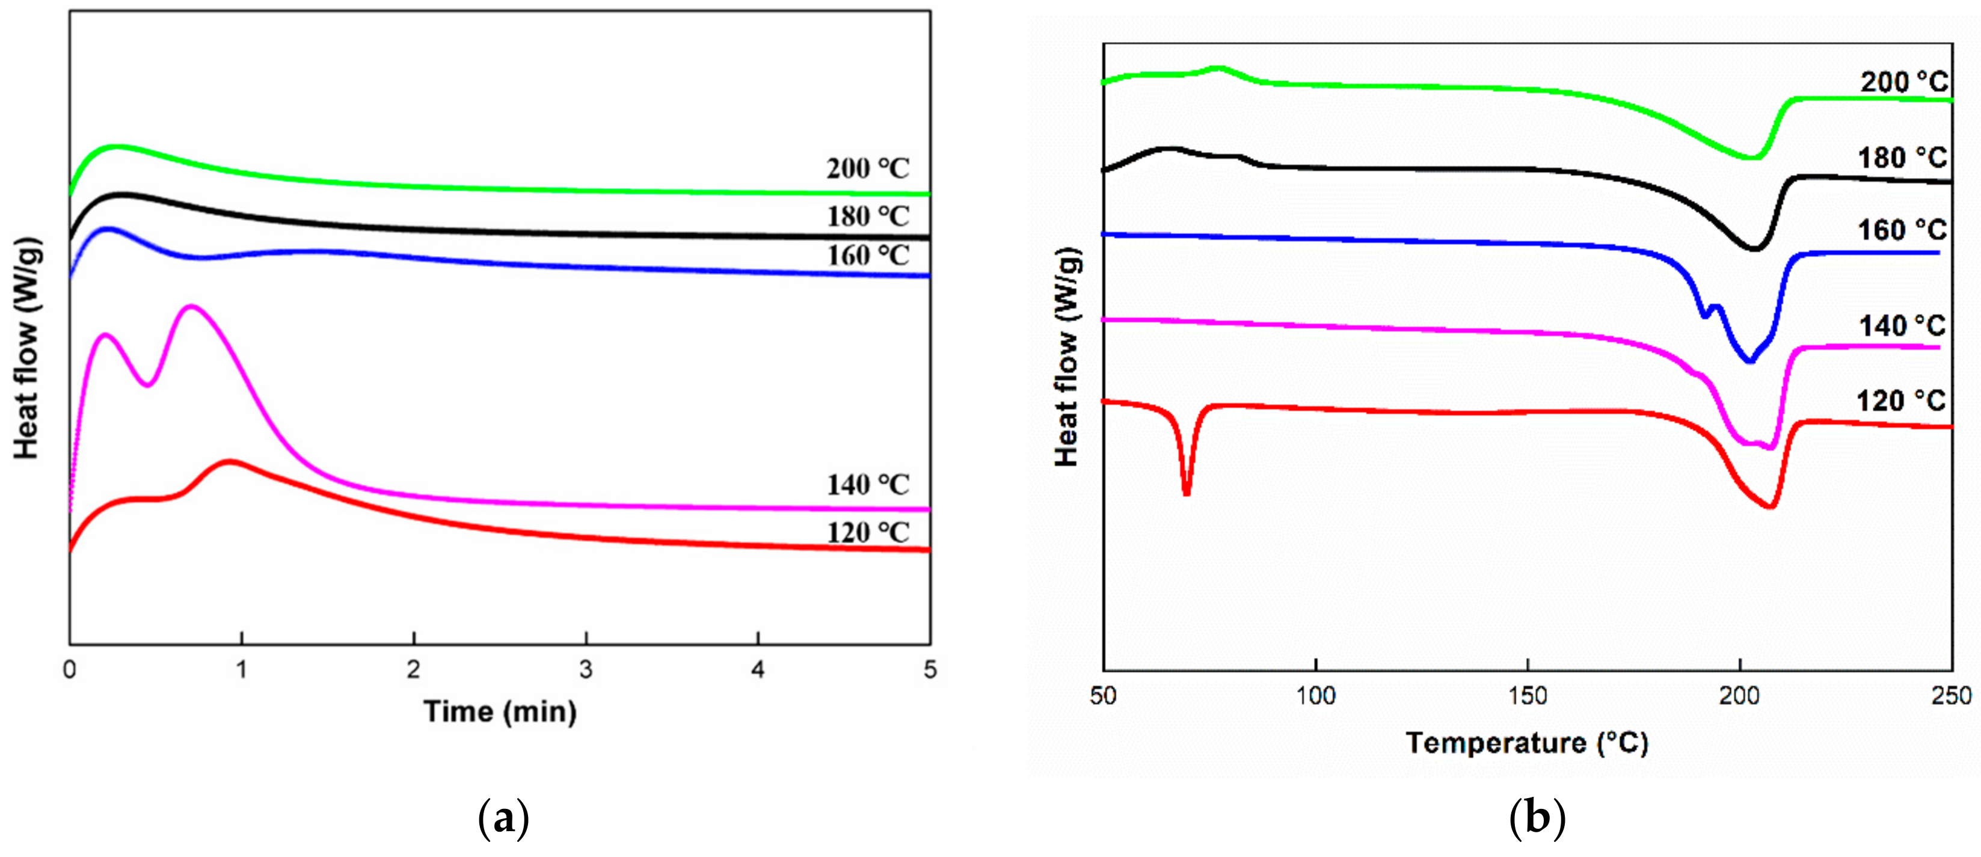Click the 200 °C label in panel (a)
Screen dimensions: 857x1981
coord(867,168)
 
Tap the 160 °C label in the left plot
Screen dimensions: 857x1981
coord(867,256)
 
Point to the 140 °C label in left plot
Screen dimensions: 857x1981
coord(867,485)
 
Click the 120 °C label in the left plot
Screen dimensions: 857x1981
coord(867,532)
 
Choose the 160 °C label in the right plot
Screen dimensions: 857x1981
coord(1902,229)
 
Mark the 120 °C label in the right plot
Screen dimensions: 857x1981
coord(1900,401)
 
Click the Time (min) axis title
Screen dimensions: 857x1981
coord(500,711)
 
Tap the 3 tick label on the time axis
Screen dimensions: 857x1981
coord(586,670)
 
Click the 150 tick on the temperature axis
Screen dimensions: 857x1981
coord(1528,696)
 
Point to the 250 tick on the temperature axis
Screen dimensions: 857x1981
coord(1951,696)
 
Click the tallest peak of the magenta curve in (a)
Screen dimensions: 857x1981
coord(190,307)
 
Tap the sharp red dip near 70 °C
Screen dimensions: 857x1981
coord(1187,493)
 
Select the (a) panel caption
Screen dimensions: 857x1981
coord(504,819)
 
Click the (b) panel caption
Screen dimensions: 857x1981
coord(1537,819)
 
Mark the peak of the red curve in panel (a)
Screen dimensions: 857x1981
coord(230,462)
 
